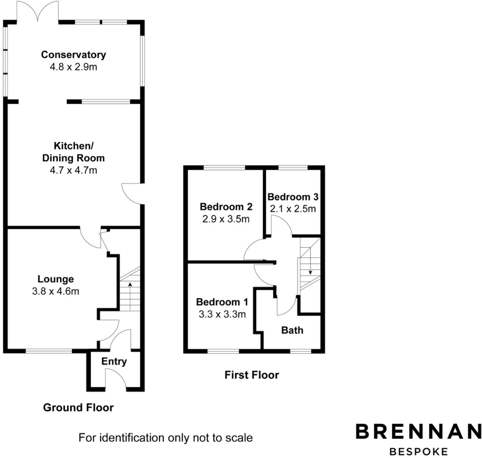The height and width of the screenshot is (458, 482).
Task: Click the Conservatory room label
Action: click(73, 55)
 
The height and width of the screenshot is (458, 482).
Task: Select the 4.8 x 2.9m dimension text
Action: click(73, 67)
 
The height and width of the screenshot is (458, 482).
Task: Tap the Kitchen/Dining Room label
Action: click(73, 152)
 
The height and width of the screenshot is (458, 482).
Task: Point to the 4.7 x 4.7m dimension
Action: click(73, 170)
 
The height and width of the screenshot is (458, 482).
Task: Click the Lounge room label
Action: click(55, 279)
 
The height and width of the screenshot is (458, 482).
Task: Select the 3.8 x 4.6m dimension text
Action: click(55, 292)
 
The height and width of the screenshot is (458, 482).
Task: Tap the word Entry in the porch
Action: click(114, 361)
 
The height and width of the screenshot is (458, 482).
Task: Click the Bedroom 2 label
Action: click(226, 207)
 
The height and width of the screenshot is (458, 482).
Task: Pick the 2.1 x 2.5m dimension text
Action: click(293, 209)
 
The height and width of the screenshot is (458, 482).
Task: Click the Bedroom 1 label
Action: click(222, 302)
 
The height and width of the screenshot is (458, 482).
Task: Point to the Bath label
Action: click(292, 330)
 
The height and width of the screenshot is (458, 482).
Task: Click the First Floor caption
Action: click(252, 375)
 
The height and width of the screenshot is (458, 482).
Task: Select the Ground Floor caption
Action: click(78, 407)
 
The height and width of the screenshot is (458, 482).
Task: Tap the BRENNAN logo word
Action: click(418, 432)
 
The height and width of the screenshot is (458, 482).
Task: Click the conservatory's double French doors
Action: click(38, 12)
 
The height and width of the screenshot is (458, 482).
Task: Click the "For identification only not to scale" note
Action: click(166, 438)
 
